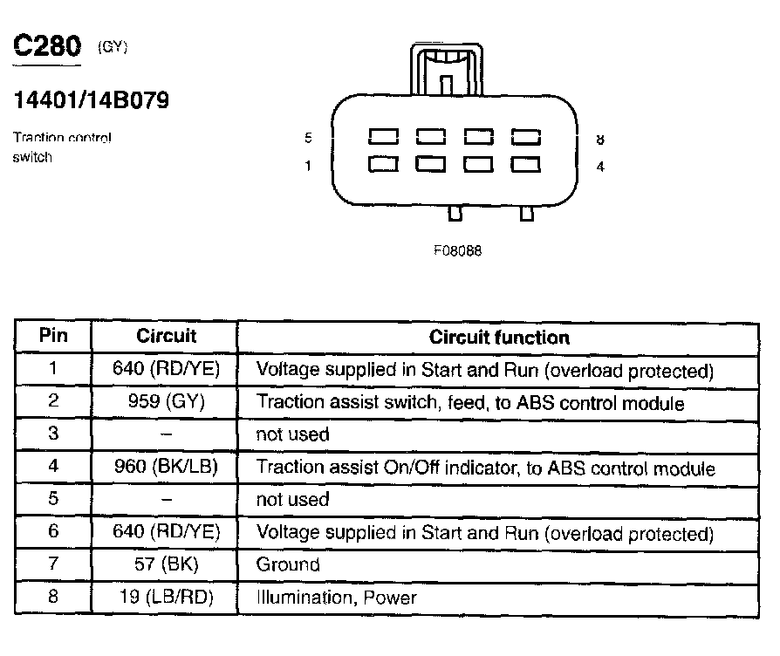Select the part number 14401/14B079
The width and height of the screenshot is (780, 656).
coord(91,100)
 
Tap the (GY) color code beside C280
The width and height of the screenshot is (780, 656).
coord(113,47)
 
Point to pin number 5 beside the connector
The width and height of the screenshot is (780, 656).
coord(308,138)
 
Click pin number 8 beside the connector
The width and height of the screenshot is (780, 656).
coord(600,139)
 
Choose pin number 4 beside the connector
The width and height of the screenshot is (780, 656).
coord(600,167)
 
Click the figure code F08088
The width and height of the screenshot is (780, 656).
coord(457,250)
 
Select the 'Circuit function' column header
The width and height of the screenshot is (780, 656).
coord(499,337)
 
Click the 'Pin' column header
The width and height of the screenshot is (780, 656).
coord(53,336)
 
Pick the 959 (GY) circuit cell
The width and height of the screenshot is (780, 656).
coord(166,403)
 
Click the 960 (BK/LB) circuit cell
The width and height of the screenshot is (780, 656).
coord(166,468)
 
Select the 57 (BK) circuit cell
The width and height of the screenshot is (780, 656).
coord(166,564)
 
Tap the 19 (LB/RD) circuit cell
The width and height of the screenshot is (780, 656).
coord(166,598)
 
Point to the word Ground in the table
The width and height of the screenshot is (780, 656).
coord(288,564)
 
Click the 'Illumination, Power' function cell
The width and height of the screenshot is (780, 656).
coord(336,598)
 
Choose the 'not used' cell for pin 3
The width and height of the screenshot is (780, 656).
coord(292,434)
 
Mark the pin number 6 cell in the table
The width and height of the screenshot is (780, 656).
coord(53,532)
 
